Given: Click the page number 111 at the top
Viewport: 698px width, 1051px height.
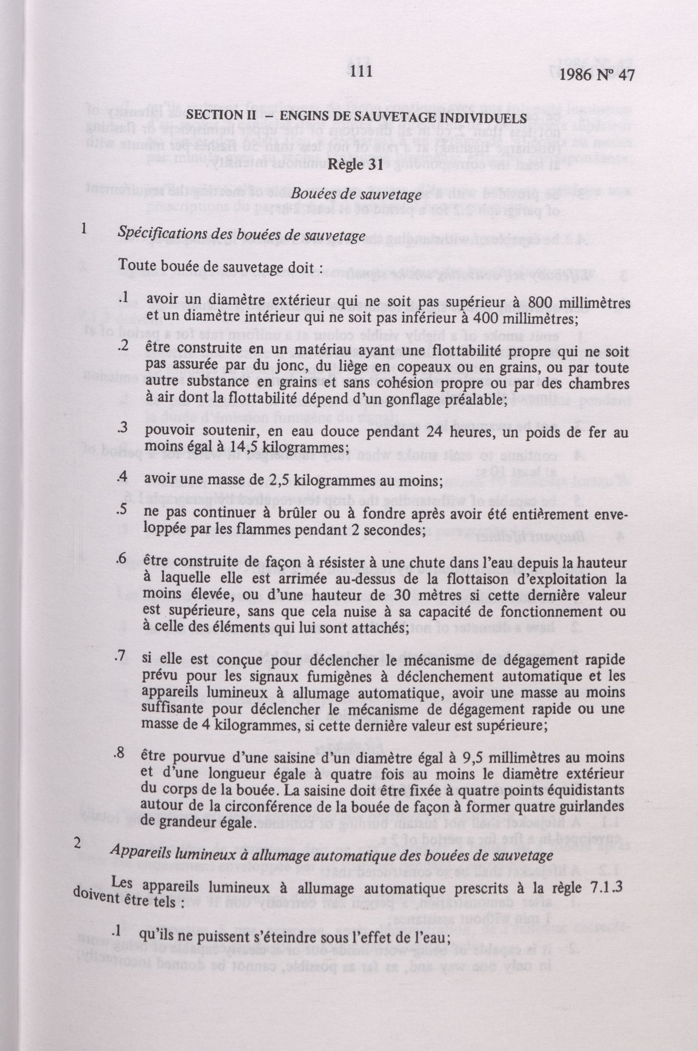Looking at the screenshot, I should tap(361, 73).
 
